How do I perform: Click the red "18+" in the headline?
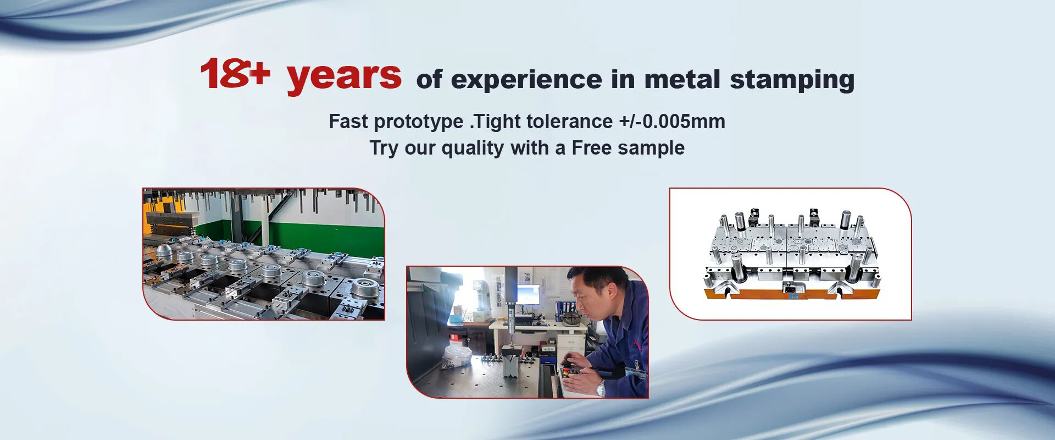[x=235, y=74]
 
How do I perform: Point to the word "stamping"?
[x=792, y=80]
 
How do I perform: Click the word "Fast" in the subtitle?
[x=348, y=121]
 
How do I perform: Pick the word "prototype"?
[x=419, y=122]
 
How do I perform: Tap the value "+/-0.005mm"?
[x=672, y=121]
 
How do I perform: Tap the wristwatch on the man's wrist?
[x=601, y=388]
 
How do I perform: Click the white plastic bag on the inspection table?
[x=457, y=355]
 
